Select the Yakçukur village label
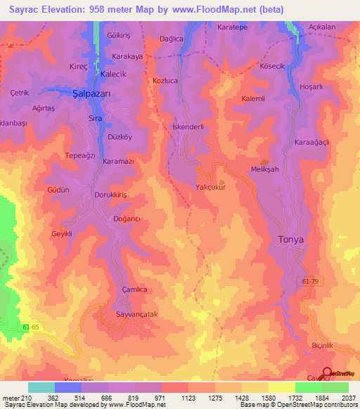pos(211,187)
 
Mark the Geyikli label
pos(63,234)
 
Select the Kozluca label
pos(167,81)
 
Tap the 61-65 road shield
pos(50,327)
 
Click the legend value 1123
pos(188,398)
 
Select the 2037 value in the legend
pos(349,398)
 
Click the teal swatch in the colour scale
pos(41,387)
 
